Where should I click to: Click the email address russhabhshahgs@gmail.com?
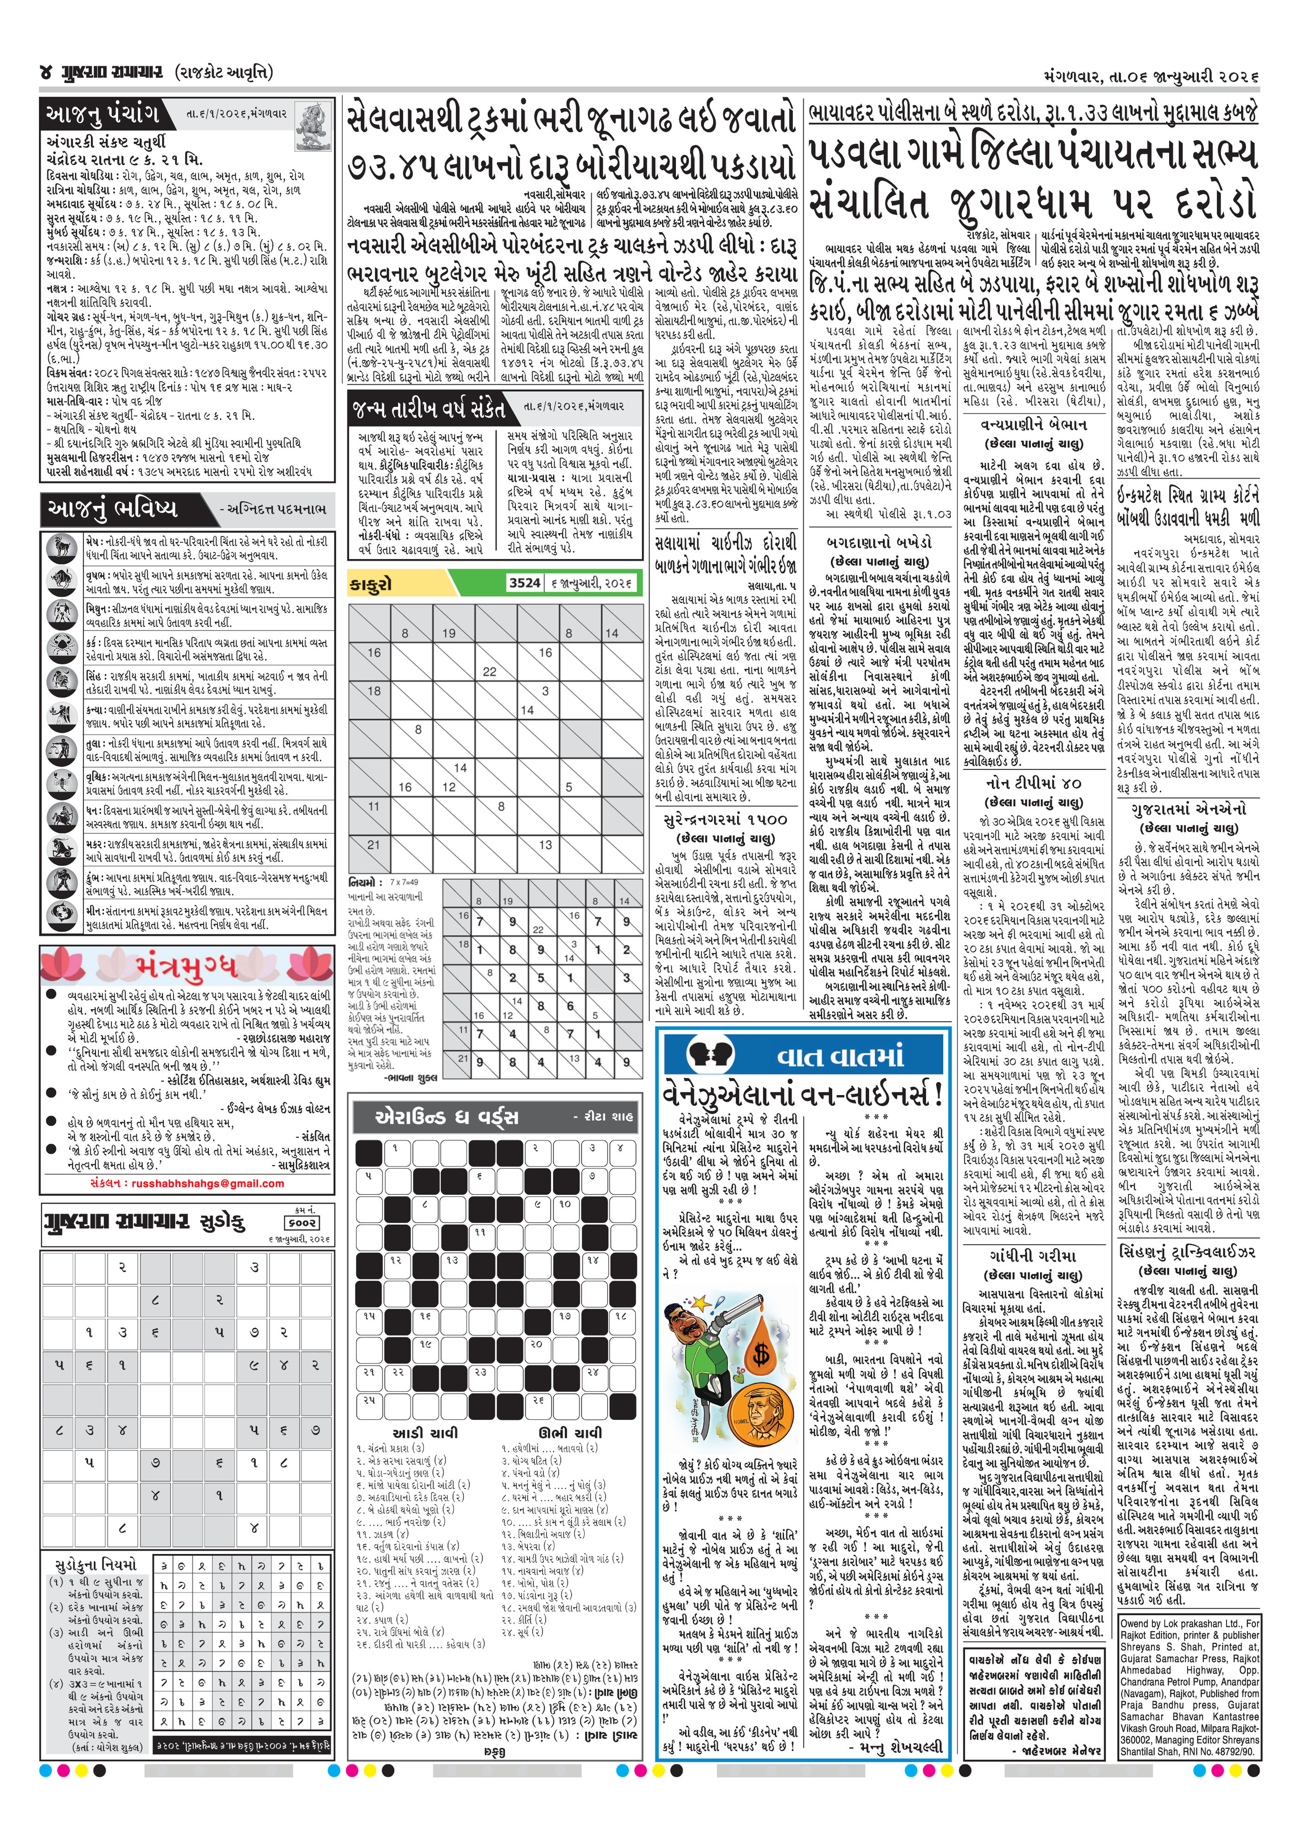(207, 1183)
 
